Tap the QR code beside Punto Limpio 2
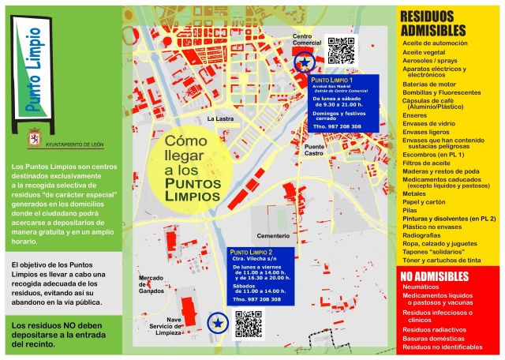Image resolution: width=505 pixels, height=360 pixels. (248, 324)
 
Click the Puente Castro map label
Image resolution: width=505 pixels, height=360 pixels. (314, 150)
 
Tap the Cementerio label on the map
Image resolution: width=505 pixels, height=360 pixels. (274, 236)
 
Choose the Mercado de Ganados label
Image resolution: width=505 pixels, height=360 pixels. (151, 283)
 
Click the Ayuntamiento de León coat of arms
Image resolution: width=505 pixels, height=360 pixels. (35, 136)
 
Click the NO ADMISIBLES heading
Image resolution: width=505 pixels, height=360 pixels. (435, 276)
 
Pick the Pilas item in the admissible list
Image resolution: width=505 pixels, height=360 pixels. (410, 210)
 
